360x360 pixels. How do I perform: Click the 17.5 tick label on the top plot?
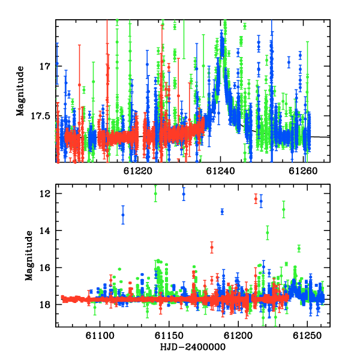(40, 116)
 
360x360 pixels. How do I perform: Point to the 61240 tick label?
(221, 171)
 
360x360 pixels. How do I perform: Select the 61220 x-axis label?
(138, 171)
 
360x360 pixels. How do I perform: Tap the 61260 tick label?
(303, 171)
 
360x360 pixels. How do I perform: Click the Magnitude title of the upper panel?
(20, 91)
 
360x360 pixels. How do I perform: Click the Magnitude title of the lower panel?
(29, 256)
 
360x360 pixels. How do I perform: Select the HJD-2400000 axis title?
(193, 347)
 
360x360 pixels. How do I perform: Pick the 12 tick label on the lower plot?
(44, 194)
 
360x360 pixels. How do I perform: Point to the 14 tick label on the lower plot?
(44, 231)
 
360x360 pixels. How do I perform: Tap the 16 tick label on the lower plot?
(44, 268)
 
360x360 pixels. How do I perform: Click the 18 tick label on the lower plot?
(44, 305)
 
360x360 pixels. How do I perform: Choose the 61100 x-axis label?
(100, 336)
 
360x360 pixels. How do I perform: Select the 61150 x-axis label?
(169, 336)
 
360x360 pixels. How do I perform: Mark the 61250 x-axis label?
(307, 336)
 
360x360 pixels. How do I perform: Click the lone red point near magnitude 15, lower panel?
(212, 247)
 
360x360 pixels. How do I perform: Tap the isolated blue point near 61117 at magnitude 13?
(123, 215)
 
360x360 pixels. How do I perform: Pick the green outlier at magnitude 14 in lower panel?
(268, 233)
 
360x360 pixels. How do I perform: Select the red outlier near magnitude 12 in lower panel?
(256, 199)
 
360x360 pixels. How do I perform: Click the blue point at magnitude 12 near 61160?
(184, 194)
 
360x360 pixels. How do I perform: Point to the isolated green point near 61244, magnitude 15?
(299, 248)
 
